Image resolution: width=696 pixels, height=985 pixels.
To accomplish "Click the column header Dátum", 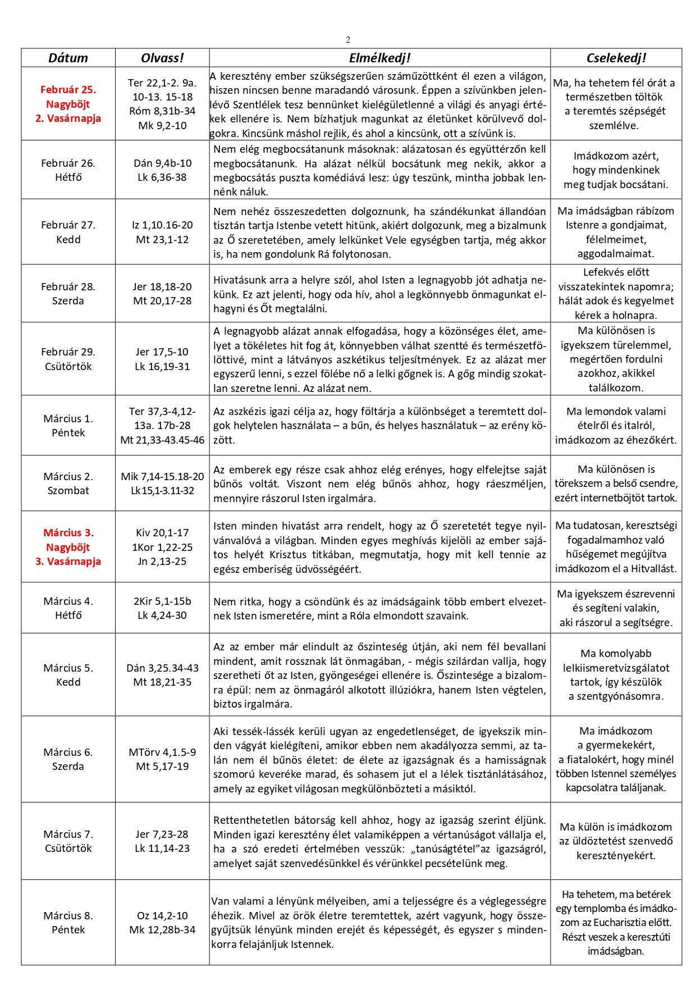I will [68, 58].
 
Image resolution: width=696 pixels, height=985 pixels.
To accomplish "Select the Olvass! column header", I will [162, 58].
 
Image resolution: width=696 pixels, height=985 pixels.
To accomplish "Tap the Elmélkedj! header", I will [379, 58].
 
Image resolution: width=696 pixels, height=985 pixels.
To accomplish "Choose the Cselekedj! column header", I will [616, 58].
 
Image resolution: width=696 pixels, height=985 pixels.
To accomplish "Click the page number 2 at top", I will [348, 39].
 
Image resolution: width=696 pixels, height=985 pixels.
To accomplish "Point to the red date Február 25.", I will [68, 89].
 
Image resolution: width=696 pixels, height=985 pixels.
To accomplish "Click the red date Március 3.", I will [68, 532].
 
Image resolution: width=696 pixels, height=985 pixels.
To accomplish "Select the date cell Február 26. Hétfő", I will [68, 170].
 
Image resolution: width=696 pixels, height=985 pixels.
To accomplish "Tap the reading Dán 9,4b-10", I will [162, 163].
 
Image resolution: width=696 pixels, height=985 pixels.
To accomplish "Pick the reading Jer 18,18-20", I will [162, 286].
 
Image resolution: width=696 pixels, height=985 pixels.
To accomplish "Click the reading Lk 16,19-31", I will [162, 366].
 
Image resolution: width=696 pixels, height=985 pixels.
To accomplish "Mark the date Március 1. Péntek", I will [68, 425].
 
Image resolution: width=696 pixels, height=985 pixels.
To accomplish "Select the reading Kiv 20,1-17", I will [162, 532].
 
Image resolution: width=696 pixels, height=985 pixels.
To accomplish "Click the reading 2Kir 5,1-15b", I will [162, 601].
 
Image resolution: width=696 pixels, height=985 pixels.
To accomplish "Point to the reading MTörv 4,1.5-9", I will [162, 752].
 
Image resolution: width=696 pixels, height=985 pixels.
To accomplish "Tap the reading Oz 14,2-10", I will [162, 915].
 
